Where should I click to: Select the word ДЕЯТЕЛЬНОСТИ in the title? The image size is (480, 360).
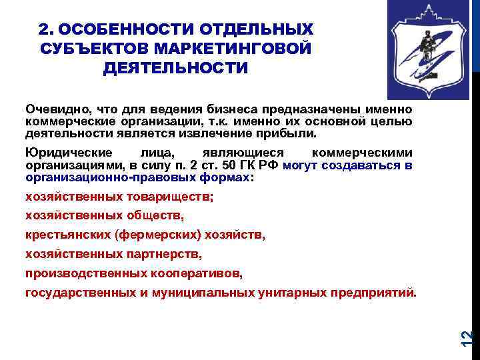[x=175, y=69]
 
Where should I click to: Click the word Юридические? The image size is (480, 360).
[x=60, y=152]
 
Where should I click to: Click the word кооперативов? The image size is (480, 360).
[x=200, y=273]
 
